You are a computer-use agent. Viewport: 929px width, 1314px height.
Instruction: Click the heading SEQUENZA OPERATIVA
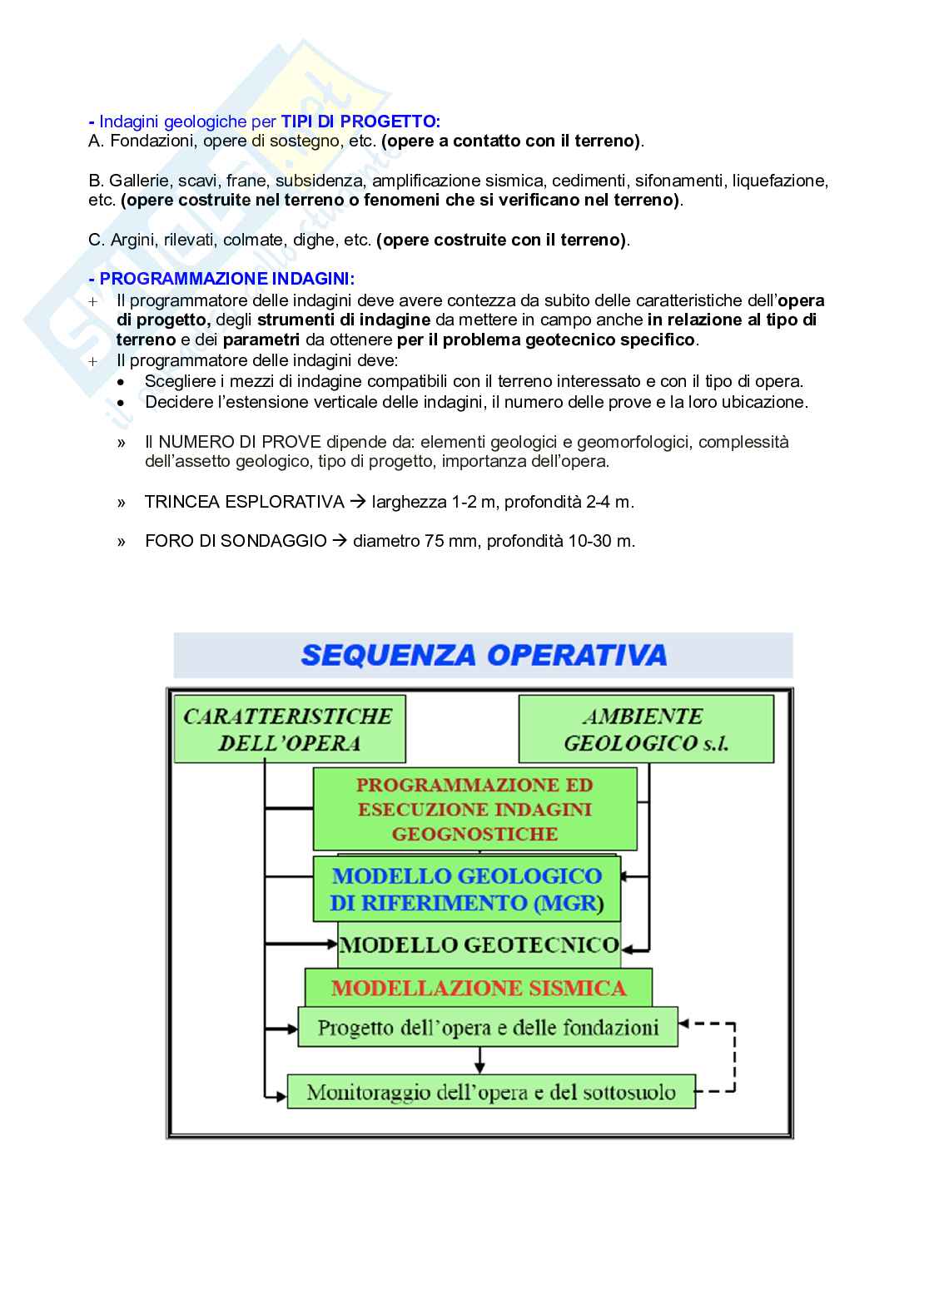[x=484, y=655]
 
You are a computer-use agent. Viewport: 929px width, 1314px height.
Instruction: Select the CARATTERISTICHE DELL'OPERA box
[x=288, y=730]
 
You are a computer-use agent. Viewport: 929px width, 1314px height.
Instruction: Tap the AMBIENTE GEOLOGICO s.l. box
[x=645, y=730]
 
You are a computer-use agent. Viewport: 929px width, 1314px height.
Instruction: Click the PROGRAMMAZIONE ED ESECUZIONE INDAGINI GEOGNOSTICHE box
[x=474, y=809]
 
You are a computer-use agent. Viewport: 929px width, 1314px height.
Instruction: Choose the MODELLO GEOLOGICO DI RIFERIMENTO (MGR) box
[x=466, y=889]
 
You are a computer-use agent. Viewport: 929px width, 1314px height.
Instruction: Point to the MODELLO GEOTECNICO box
[x=479, y=945]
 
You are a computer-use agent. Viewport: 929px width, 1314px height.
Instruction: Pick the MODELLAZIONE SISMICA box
[x=479, y=988]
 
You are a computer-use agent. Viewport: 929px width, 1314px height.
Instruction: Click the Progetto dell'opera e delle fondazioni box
[x=488, y=1028]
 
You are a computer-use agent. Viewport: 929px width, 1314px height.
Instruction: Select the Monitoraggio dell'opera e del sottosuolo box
[x=491, y=1092]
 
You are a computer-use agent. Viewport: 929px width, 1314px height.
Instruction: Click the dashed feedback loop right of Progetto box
[x=734, y=1057]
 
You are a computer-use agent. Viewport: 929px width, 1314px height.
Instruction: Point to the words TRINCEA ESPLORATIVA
[x=244, y=502]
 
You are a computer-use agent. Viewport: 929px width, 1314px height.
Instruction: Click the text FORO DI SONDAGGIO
[x=236, y=541]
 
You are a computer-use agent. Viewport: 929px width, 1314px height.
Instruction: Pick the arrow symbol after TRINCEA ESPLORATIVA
[x=358, y=502]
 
